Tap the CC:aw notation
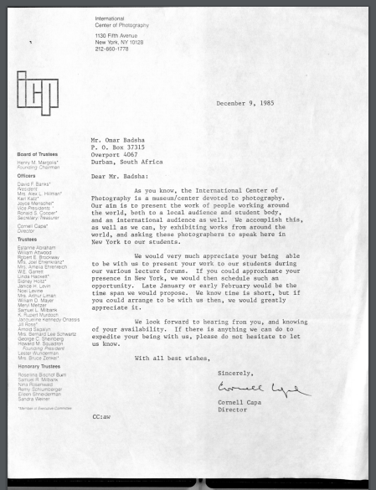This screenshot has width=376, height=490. click(103, 440)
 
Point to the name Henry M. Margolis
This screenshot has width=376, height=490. click(38, 161)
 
